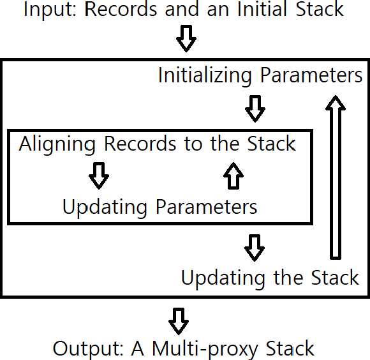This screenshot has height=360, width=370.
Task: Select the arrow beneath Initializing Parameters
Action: coord(255,109)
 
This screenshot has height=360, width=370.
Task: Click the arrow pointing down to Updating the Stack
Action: coord(255,247)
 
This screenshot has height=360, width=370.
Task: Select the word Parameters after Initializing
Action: coord(311,76)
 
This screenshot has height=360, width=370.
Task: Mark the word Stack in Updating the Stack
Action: coord(335,278)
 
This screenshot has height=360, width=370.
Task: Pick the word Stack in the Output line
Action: coord(290,349)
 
